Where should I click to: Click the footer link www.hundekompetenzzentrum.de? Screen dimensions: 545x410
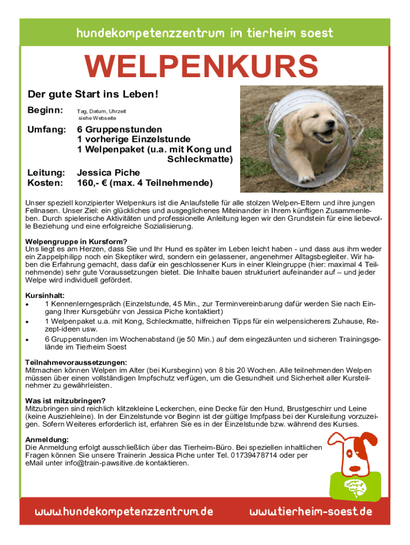(124, 512)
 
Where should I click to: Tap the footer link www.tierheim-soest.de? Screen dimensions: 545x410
(311, 512)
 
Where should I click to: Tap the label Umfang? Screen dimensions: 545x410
(47, 130)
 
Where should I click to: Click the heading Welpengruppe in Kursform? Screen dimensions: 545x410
(76, 241)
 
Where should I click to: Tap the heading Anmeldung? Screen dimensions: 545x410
(47, 440)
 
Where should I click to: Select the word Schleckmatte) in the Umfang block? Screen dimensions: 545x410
(200, 159)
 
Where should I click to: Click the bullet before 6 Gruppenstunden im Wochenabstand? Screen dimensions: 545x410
(27, 339)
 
